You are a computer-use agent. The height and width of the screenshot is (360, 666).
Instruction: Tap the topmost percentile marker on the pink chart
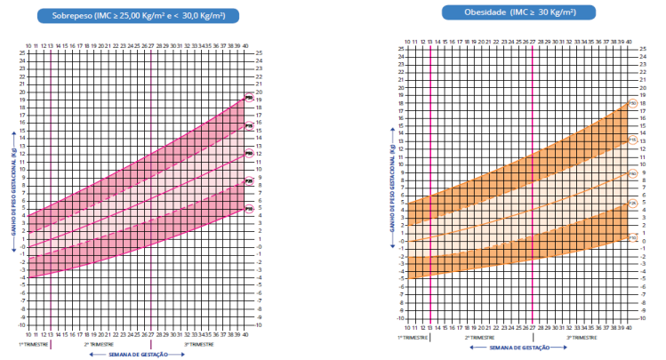[250, 99]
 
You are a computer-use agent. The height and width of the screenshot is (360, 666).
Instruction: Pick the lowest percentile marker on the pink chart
[250, 210]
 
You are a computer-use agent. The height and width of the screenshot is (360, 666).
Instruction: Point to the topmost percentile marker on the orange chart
[633, 105]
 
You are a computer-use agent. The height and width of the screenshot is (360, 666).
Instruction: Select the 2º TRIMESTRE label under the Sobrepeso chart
[99, 343]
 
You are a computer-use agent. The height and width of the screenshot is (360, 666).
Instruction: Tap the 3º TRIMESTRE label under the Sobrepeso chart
[199, 343]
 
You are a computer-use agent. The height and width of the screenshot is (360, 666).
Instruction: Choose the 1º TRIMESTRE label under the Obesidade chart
[415, 338]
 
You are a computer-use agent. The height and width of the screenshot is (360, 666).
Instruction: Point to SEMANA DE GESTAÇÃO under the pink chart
[137, 354]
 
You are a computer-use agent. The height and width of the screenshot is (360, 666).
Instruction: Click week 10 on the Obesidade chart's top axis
[409, 41]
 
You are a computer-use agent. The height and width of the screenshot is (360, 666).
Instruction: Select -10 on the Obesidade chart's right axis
[643, 318]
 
